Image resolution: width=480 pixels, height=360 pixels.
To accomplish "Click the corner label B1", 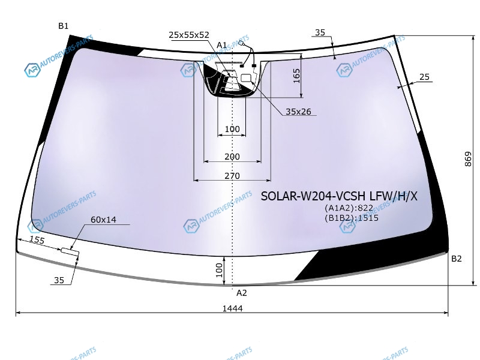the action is tap(64, 26).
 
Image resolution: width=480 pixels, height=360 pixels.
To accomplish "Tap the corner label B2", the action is tap(456, 259).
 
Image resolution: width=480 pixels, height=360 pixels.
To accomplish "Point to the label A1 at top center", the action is tap(221, 46).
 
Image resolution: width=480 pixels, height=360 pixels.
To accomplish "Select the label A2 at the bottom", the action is tap(242, 293).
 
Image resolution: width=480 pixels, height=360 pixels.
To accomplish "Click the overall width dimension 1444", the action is tap(232, 308).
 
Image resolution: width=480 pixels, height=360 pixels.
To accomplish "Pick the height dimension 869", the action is tap(468, 159).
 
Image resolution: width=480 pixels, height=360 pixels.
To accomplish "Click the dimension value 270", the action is tap(232, 176).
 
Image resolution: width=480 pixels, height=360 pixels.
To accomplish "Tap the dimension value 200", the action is tap(232, 157).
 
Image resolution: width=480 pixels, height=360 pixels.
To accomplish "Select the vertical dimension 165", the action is tap(296, 76).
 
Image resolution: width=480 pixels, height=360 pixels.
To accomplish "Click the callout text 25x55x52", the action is tap(189, 35).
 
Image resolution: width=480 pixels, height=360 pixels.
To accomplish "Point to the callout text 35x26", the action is tap(298, 112).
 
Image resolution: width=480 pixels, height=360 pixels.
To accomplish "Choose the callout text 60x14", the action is tap(103, 220).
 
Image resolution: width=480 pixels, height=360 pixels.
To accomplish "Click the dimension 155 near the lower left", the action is tap(37, 240).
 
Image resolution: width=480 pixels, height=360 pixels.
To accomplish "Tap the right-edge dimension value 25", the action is tap(424, 77).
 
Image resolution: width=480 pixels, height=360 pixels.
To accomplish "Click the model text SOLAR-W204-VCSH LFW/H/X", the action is tap(339, 196).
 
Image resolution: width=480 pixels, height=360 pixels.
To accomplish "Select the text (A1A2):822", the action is tap(349, 208).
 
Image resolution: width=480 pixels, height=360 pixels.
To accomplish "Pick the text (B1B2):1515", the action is tap(352, 218).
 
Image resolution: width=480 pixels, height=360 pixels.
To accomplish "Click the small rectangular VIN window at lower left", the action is tap(70, 251).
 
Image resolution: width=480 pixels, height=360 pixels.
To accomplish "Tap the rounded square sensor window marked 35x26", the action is tap(246, 78).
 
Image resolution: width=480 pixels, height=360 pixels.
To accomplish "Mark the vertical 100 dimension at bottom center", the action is tap(219, 270).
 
